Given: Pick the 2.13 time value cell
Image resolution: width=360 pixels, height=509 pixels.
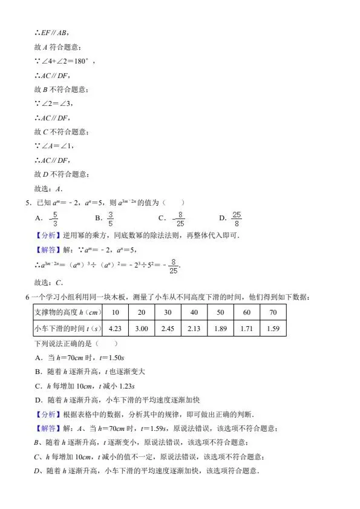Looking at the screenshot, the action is (x=194, y=328).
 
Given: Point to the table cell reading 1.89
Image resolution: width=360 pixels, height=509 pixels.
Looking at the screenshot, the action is (x=220, y=328).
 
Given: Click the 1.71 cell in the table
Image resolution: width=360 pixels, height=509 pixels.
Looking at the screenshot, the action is (x=246, y=328).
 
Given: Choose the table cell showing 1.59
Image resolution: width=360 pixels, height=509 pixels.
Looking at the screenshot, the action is (x=272, y=328).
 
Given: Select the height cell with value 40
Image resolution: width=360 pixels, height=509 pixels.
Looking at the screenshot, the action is (x=194, y=312).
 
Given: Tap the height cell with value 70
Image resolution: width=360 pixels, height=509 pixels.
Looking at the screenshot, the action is (x=272, y=312).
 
